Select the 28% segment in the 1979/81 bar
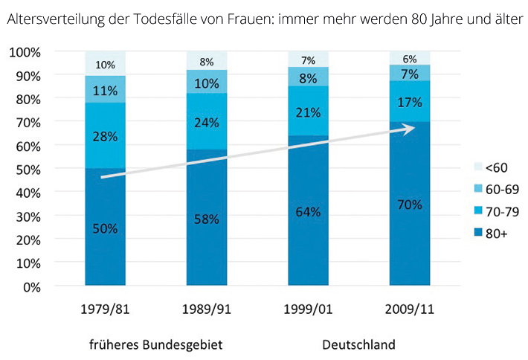pos(106,136)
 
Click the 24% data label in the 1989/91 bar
pos(207,121)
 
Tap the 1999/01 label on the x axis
pos(308,308)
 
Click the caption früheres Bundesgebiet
pos(155,345)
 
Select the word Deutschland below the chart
pos(358,345)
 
